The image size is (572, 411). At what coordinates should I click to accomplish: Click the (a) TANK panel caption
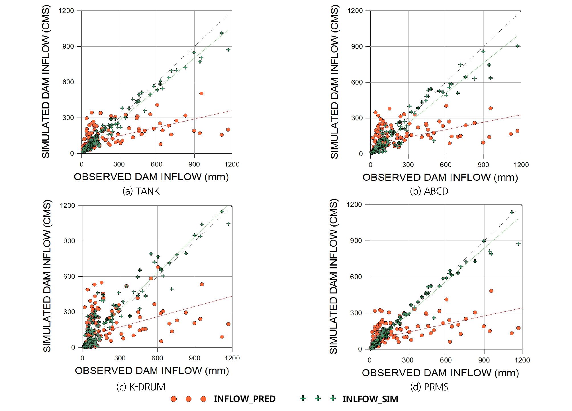click(x=141, y=191)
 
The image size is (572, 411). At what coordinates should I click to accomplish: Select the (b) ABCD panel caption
click(x=429, y=191)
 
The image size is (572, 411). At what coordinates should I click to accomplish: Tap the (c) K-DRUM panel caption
click(x=141, y=387)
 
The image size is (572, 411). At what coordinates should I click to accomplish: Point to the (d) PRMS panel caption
click(x=429, y=387)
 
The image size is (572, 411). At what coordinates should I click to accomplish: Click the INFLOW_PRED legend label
click(x=244, y=399)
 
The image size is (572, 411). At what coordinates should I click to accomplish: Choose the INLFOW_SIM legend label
click(x=370, y=399)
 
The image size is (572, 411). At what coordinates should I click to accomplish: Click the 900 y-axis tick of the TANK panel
click(x=68, y=46)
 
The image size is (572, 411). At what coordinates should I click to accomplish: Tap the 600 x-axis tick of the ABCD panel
click(x=446, y=165)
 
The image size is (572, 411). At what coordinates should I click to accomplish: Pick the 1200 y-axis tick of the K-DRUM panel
click(x=67, y=205)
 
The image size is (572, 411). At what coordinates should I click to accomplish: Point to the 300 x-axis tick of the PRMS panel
click(x=408, y=360)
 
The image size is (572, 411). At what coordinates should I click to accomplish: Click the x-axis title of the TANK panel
click(x=151, y=177)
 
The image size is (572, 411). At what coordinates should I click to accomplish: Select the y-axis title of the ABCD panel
click(x=334, y=82)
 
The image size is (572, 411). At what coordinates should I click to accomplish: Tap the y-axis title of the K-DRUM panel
click(x=47, y=276)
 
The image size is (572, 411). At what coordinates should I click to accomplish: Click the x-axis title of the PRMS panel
click(x=440, y=373)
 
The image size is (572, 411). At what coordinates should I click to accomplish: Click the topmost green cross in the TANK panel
click(x=222, y=33)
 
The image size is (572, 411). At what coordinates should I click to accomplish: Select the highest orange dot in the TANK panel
click(x=201, y=93)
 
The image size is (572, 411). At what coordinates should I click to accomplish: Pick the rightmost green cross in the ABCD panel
click(x=518, y=46)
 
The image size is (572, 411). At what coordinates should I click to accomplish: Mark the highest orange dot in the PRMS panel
click(x=491, y=291)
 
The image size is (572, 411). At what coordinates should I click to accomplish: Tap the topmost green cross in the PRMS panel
click(x=512, y=212)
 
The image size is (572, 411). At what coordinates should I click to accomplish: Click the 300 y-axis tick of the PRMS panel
click(x=356, y=313)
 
